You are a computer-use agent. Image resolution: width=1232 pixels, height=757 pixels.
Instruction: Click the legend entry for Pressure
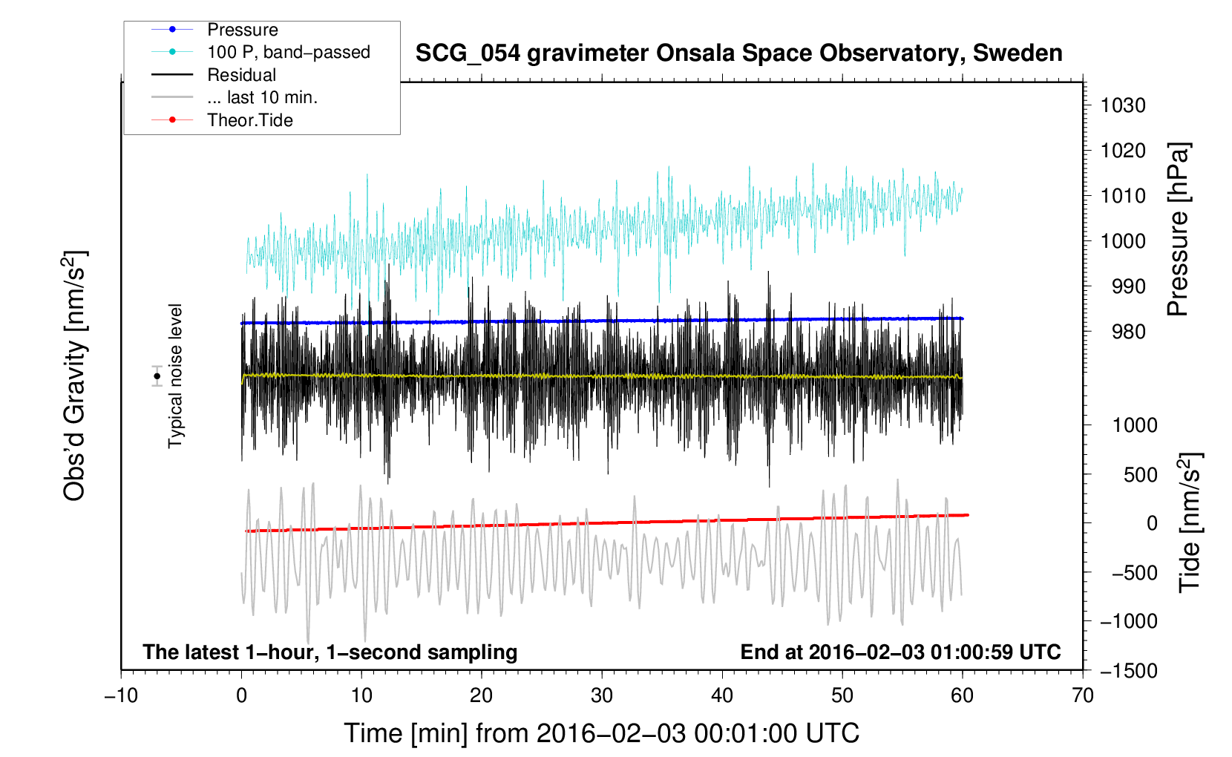tap(242, 30)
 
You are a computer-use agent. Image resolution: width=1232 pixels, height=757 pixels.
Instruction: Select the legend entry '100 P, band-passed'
tap(288, 52)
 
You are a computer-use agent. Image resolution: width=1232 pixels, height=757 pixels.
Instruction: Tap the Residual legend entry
tap(241, 75)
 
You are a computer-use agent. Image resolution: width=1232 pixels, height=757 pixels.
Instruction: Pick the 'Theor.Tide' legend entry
tap(249, 120)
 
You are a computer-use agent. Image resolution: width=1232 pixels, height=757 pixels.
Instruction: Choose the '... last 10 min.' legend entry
tap(262, 97)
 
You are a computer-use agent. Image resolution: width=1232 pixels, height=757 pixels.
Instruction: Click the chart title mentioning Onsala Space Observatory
tap(738, 53)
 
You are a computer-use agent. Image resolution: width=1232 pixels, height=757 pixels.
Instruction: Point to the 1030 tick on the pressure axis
tap(1122, 105)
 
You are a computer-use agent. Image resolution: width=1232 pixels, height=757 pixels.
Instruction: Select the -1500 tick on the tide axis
tap(1128, 670)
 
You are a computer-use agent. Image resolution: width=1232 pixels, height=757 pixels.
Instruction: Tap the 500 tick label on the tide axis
tap(1140, 474)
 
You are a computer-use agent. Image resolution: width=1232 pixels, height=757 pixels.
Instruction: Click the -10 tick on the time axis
tap(121, 695)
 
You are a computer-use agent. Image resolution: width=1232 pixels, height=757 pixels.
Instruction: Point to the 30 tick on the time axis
tap(602, 695)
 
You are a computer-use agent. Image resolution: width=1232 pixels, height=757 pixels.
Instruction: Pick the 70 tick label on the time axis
tap(1083, 695)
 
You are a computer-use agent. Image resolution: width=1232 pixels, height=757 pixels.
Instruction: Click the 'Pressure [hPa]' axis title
tap(1178, 229)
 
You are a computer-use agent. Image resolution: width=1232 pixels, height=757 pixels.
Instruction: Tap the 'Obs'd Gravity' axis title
tap(75, 376)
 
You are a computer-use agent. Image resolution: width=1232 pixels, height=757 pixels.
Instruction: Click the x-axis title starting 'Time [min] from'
tap(601, 733)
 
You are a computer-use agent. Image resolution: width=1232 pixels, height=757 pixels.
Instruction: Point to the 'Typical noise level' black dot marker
tap(157, 376)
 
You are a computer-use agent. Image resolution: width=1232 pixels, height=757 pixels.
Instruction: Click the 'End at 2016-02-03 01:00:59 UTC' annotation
tap(900, 652)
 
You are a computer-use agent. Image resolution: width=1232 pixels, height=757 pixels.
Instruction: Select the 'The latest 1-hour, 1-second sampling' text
tap(330, 652)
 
